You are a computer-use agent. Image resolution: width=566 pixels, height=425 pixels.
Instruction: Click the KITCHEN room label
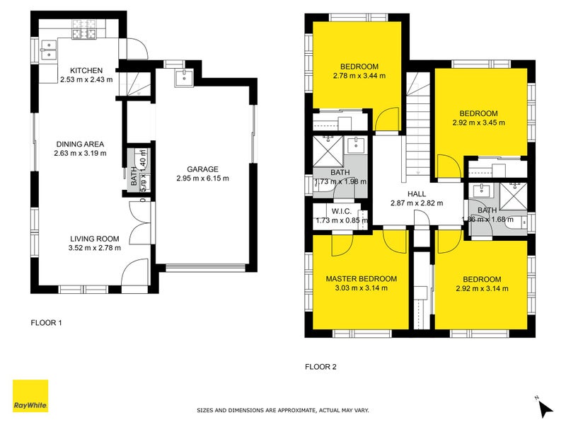(x=87, y=70)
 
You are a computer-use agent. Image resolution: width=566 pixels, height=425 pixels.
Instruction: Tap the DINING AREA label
(x=79, y=144)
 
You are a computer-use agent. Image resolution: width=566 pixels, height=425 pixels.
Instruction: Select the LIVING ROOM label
(x=94, y=239)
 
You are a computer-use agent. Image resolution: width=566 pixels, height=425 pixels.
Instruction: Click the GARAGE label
(x=202, y=169)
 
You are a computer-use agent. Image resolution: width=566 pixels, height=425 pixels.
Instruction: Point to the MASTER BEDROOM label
(x=361, y=279)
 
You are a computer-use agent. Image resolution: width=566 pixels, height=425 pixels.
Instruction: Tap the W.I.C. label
(x=342, y=210)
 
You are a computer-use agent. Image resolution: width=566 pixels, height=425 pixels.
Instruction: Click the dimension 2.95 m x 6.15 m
(x=202, y=178)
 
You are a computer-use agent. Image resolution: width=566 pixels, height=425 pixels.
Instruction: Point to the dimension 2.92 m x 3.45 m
(x=479, y=123)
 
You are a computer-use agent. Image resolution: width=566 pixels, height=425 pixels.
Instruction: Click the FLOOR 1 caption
(x=47, y=323)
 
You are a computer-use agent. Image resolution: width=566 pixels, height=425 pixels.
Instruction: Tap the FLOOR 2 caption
(x=320, y=367)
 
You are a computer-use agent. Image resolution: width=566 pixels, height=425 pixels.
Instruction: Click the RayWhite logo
(x=30, y=396)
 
